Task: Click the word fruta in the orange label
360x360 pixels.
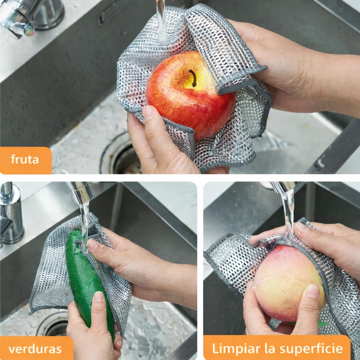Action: tap(25, 159)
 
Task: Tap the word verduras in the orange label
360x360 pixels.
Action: tap(35, 349)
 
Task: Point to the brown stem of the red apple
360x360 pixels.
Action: tap(193, 78)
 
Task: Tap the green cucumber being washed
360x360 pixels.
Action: tap(90, 282)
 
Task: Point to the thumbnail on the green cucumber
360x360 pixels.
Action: tap(99, 296)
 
